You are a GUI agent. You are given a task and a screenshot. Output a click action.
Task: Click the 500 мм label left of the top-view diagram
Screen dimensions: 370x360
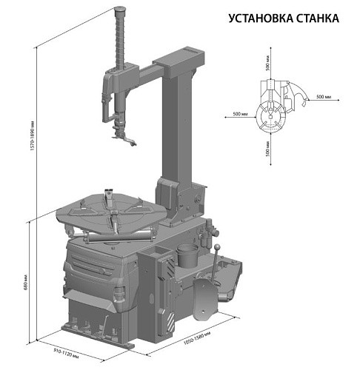point(239,114)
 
